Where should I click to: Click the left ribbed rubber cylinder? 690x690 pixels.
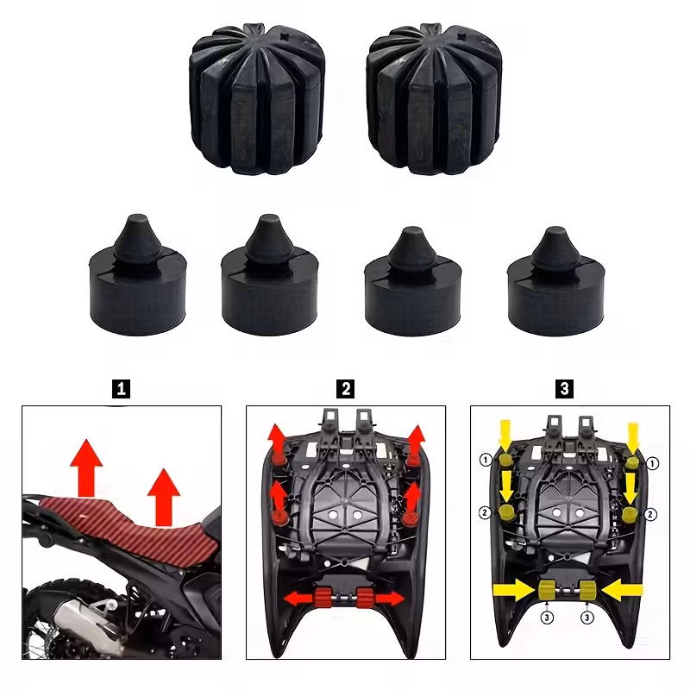pos(257,99)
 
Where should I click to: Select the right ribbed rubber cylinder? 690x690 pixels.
pos(434,99)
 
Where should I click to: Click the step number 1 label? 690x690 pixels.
pos(121,389)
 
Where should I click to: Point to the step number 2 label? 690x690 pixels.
pos(346,389)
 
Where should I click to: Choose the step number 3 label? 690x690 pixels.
pos(565,389)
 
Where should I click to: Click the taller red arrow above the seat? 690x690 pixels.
pos(86,468)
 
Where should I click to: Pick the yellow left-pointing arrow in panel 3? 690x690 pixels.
pos(622,590)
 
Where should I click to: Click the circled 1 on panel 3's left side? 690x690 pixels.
pos(486,461)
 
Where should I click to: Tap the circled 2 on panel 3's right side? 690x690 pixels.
pos(651,514)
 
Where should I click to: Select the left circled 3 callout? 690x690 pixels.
pos(547,618)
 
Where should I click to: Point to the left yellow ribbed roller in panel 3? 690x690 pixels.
pos(547,590)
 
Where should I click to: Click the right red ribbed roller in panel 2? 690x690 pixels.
pos(364,598)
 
